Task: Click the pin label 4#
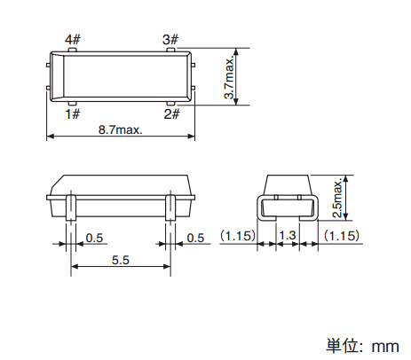point(73,39)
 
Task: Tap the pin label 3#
point(170,39)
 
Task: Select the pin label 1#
point(73,113)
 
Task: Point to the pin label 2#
point(171,113)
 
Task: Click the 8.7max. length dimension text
point(121,129)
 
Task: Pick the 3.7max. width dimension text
point(229,78)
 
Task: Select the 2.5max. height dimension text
point(337,198)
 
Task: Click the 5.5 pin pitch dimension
point(121,260)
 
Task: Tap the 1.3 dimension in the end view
point(288,236)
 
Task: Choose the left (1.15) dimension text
point(237,236)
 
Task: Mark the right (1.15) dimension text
point(342,236)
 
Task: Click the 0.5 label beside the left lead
point(94,238)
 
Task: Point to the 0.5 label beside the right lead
point(195,238)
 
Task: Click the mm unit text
point(385,347)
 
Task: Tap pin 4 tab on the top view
point(73,50)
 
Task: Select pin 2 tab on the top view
point(170,104)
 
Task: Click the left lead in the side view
point(71,207)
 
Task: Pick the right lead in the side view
point(170,207)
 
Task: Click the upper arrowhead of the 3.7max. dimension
point(236,52)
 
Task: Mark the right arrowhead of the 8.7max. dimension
point(191,137)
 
